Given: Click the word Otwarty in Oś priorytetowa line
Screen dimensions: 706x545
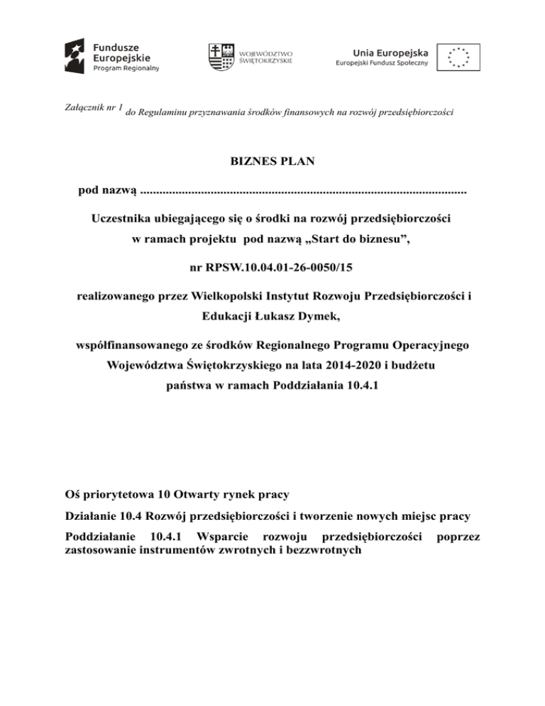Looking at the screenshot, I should coord(199,491).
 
